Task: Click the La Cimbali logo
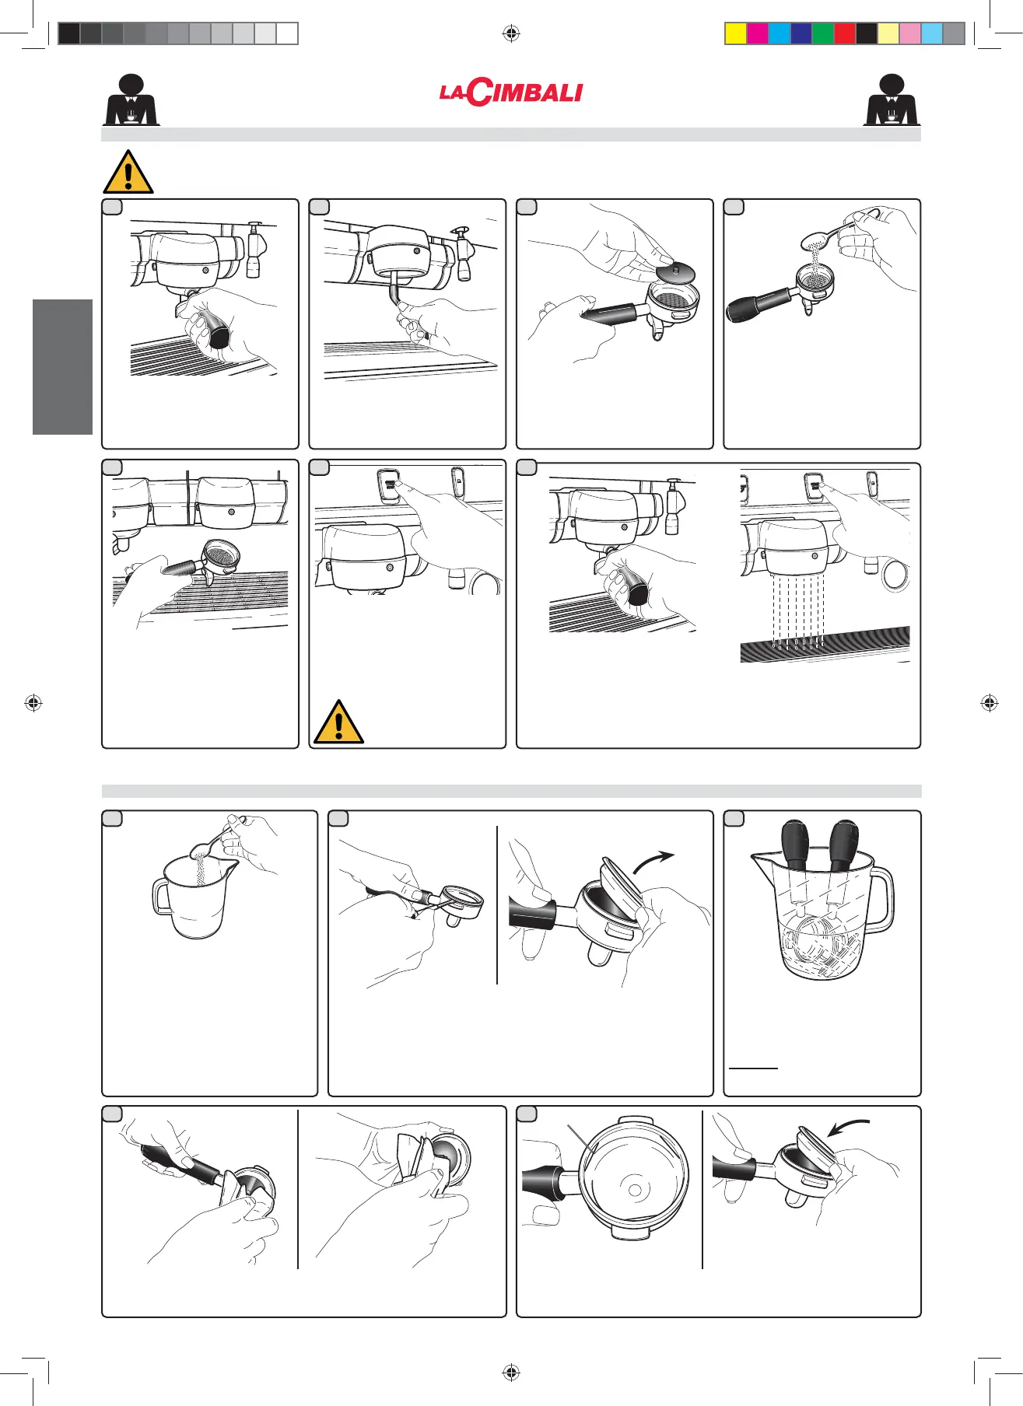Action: [x=510, y=93]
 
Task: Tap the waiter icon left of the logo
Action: [x=131, y=100]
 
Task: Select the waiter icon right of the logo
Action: [x=892, y=100]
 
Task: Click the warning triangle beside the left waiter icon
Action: [x=128, y=172]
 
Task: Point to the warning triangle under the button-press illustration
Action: [x=338, y=722]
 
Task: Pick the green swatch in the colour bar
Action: [x=823, y=33]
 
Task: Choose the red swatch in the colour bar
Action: [x=845, y=33]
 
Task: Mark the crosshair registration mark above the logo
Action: [x=511, y=33]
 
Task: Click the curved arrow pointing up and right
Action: [x=653, y=861]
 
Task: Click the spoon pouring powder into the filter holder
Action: [x=828, y=232]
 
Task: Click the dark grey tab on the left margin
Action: [x=62, y=367]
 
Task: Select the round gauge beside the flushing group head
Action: [x=895, y=575]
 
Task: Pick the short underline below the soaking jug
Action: [x=753, y=1068]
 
